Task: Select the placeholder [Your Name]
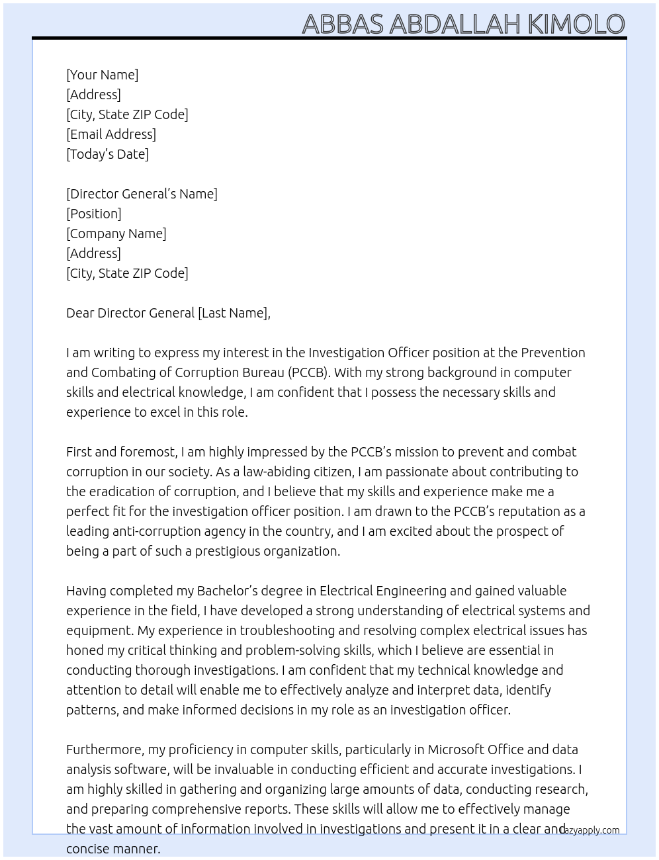(103, 75)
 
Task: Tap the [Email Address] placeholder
(111, 134)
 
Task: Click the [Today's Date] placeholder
(107, 154)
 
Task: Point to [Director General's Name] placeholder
(142, 194)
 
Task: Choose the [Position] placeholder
(94, 214)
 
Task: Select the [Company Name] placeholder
(116, 234)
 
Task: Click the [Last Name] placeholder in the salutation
(233, 313)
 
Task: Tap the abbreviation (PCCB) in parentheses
(308, 372)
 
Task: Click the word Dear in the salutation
(80, 313)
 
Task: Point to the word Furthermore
(105, 750)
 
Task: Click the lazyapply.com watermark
(590, 830)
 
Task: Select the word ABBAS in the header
(343, 24)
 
